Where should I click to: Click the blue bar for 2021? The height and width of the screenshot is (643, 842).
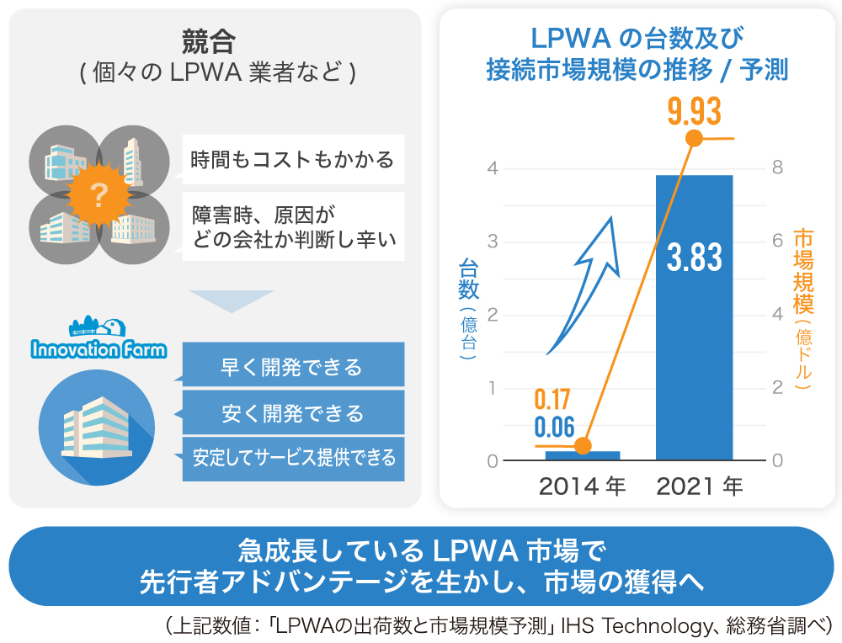[695, 353]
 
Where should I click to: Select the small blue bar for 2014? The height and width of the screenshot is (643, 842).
[583, 456]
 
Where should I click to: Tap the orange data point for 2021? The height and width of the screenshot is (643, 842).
[695, 139]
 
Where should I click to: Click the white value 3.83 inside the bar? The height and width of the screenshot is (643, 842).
[695, 258]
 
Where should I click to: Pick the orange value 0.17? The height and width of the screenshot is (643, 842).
[553, 396]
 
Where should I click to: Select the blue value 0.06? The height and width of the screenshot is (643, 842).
[553, 426]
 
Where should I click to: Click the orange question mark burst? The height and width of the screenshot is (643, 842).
[99, 197]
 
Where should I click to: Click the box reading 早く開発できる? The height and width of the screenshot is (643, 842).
[292, 368]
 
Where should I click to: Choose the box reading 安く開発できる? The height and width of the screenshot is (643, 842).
[292, 413]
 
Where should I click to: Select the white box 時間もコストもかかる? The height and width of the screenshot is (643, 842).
[292, 159]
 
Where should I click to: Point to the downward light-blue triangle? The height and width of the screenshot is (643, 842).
[232, 300]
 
